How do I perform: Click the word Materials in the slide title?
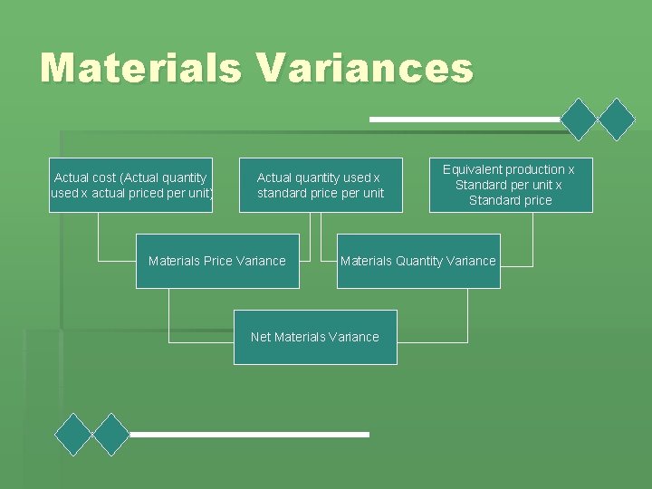[x=140, y=69]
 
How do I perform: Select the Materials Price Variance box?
[x=217, y=261]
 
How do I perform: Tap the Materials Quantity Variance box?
[x=418, y=261]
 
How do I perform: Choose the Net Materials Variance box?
[x=315, y=337]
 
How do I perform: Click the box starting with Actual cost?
[x=131, y=186]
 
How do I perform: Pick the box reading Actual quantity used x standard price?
[x=321, y=186]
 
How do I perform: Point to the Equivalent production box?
[x=511, y=185]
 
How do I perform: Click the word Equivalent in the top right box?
[x=473, y=169]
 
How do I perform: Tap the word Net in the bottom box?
[x=261, y=337]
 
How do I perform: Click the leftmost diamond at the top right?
[x=580, y=119]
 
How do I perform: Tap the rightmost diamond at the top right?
[x=618, y=119]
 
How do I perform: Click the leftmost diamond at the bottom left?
[x=73, y=435]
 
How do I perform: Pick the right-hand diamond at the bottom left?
[x=111, y=435]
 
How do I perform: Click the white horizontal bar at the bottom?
[x=249, y=435]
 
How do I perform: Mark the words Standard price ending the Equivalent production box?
[x=510, y=200]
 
